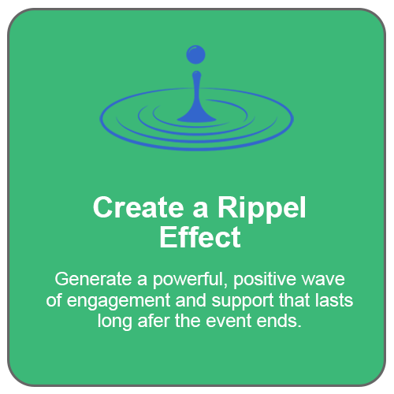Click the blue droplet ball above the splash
tap(195, 54)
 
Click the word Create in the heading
tap(139, 207)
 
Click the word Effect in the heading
tap(200, 237)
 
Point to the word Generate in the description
tap(93, 279)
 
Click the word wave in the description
tap(323, 280)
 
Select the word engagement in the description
tap(118, 302)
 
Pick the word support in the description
tap(243, 302)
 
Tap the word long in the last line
tap(115, 322)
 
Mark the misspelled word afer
tap(154, 321)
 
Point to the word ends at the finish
tap(279, 321)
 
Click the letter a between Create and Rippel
tap(201, 210)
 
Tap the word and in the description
tap(191, 300)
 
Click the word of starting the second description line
tap(54, 300)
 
